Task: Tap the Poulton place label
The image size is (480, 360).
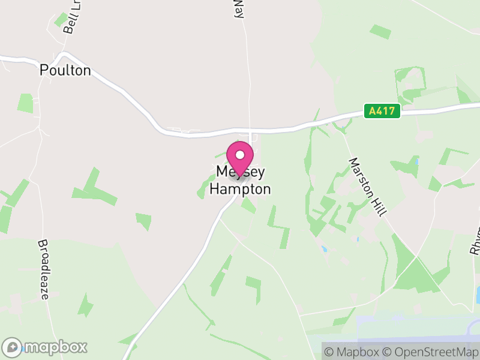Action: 65,70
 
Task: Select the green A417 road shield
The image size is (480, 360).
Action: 382,111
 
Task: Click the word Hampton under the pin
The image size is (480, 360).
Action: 240,189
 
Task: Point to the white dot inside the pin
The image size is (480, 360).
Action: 240,155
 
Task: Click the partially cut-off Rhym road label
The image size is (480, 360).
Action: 475,241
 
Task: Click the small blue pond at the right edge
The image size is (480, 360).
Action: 477,294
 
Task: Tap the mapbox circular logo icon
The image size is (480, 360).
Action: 13,347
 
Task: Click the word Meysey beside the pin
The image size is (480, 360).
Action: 240,172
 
